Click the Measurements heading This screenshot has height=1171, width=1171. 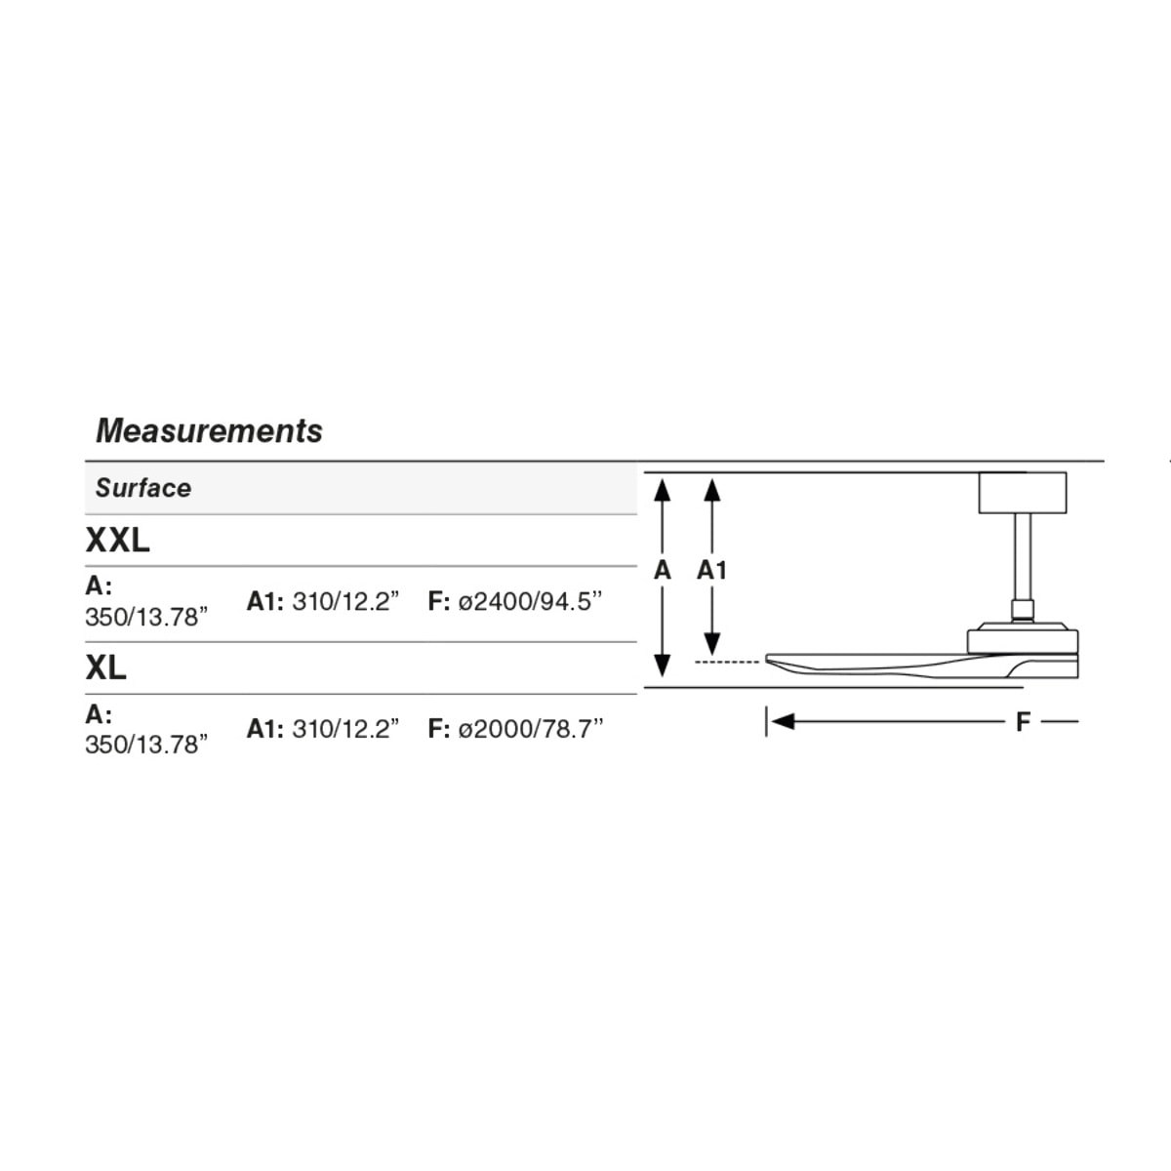[209, 430]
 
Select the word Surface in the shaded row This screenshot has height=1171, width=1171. [143, 488]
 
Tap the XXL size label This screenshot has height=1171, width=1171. [118, 541]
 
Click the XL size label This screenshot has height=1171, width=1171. [106, 668]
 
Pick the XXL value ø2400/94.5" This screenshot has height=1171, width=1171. [530, 601]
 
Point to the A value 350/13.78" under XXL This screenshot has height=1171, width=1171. [146, 617]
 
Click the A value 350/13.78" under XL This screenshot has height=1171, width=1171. [146, 745]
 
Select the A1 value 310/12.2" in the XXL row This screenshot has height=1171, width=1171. [345, 601]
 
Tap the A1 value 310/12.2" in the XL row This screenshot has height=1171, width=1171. [345, 729]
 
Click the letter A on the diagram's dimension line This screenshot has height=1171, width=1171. [663, 571]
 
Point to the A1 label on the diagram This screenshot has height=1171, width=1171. [712, 571]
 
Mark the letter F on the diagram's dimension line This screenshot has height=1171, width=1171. [1023, 722]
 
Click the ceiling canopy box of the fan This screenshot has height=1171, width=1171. [1023, 493]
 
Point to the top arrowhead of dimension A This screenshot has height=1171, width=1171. [663, 488]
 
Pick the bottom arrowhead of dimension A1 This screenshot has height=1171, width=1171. [712, 643]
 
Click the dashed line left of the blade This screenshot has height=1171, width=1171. [727, 663]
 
